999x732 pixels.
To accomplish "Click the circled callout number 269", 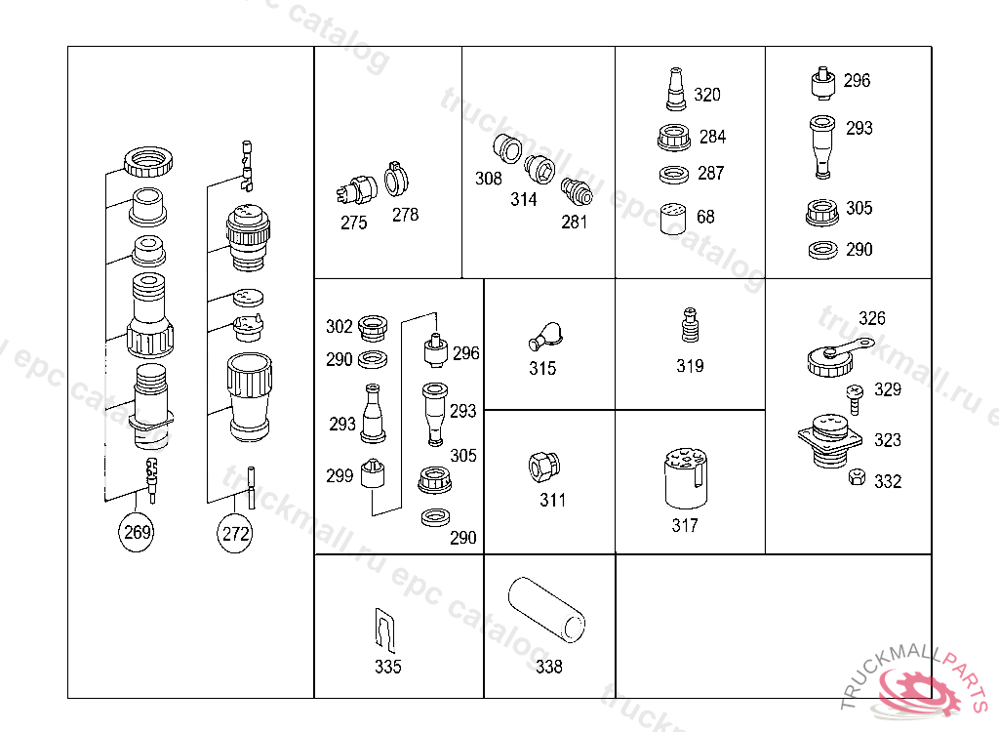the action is (x=137, y=532).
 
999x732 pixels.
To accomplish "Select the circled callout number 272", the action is (x=234, y=533).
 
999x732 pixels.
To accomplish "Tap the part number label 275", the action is (x=353, y=223).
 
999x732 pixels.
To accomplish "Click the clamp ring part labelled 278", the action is (x=396, y=179).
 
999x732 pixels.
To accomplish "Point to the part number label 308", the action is (x=488, y=179).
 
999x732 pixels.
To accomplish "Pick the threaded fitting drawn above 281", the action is (x=577, y=191).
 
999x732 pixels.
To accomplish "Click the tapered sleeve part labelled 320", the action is (x=675, y=89).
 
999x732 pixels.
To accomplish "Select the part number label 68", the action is (x=705, y=217).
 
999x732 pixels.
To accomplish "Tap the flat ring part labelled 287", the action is (x=673, y=175).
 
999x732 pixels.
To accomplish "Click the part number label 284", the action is (x=712, y=137).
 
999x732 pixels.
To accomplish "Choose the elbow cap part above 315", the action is (x=545, y=336).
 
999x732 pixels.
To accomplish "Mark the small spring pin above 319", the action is (x=690, y=325).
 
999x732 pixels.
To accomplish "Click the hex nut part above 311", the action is (x=544, y=468).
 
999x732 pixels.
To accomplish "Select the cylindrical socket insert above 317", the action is (x=686, y=478).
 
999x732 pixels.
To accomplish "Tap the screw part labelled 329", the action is (x=854, y=400).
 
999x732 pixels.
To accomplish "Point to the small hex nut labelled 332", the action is (x=857, y=477).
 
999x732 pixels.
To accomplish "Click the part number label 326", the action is (x=871, y=318).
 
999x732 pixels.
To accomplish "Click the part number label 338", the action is (x=548, y=667).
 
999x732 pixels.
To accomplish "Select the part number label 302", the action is (x=339, y=326).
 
